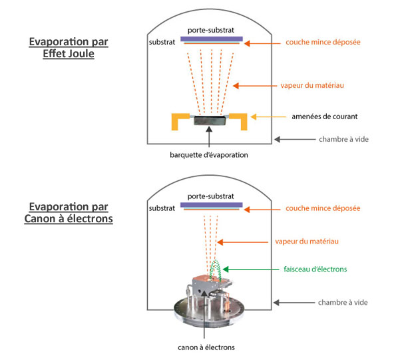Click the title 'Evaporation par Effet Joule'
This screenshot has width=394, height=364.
click(x=69, y=48)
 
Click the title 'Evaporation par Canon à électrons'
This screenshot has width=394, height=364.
click(x=69, y=213)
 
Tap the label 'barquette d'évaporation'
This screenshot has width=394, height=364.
click(x=209, y=155)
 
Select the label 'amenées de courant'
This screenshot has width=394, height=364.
click(x=324, y=116)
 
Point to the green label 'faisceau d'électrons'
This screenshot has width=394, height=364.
click(x=315, y=270)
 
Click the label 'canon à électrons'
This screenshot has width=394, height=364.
click(x=206, y=347)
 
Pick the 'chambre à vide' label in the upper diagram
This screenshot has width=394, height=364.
click(x=343, y=139)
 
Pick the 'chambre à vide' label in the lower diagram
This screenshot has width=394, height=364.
click(x=343, y=303)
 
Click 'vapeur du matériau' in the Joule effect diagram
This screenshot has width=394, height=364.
click(x=312, y=86)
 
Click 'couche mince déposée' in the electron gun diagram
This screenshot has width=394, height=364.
click(x=323, y=208)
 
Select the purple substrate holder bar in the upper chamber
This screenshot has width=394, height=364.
click(x=212, y=39)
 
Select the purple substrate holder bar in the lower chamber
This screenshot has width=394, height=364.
click(x=212, y=205)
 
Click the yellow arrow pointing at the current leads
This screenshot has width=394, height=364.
click(x=268, y=117)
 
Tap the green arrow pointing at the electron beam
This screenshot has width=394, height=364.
click(x=251, y=270)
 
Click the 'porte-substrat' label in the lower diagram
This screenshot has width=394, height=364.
click(x=210, y=196)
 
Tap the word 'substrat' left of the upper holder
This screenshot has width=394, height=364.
click(x=162, y=42)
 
